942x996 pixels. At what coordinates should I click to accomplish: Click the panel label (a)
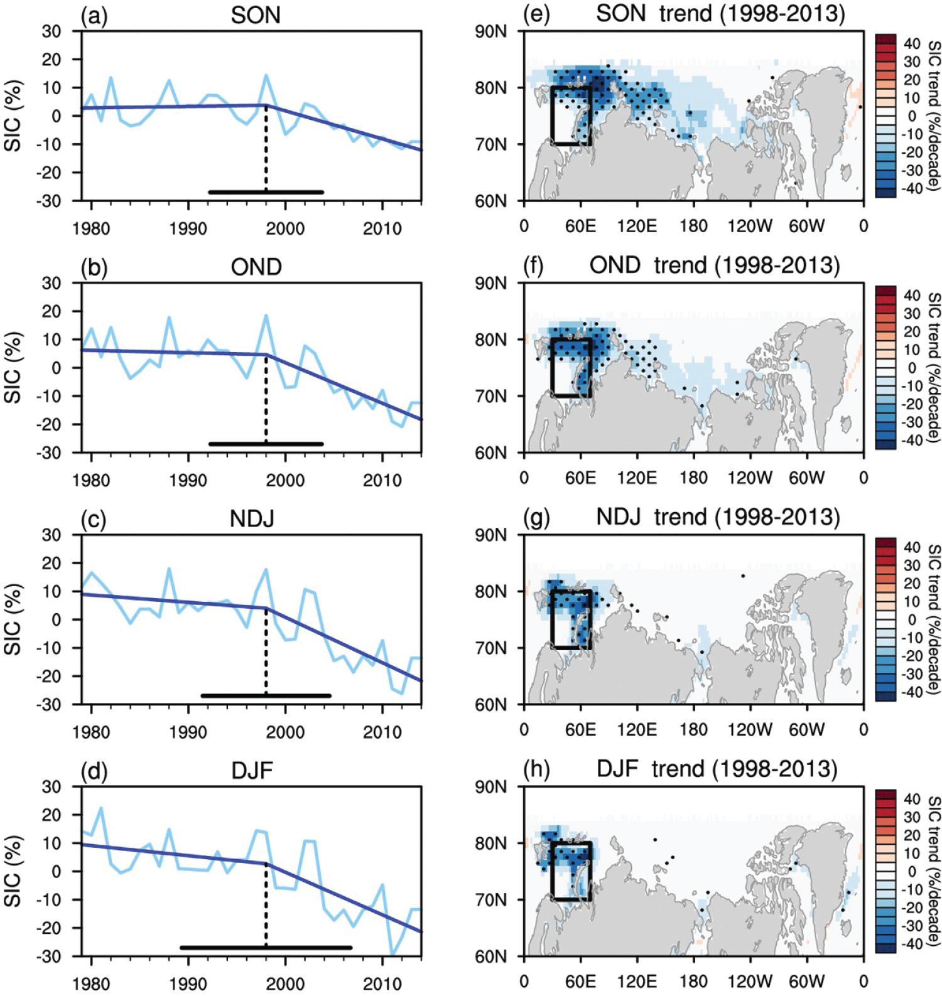(x=94, y=16)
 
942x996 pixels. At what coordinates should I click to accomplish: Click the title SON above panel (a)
(x=255, y=16)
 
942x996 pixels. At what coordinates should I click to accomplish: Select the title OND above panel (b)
(x=256, y=267)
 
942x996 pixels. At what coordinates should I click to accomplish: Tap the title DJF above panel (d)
(x=252, y=770)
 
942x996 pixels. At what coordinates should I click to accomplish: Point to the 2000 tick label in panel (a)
(x=285, y=228)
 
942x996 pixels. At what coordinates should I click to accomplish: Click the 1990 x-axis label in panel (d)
(x=188, y=983)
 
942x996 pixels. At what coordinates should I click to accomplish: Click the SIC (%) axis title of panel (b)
(x=13, y=367)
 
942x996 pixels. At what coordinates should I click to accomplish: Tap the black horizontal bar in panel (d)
(x=266, y=948)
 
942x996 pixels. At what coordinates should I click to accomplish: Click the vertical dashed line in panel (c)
(x=266, y=653)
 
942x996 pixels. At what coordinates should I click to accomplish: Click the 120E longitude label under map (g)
(x=636, y=729)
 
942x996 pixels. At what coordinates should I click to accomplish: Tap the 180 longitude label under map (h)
(x=693, y=982)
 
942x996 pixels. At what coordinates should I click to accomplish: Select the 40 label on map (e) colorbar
(x=912, y=44)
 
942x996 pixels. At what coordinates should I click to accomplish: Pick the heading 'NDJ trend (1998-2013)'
(x=718, y=517)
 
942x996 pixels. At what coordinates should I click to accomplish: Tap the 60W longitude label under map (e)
(x=806, y=226)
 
